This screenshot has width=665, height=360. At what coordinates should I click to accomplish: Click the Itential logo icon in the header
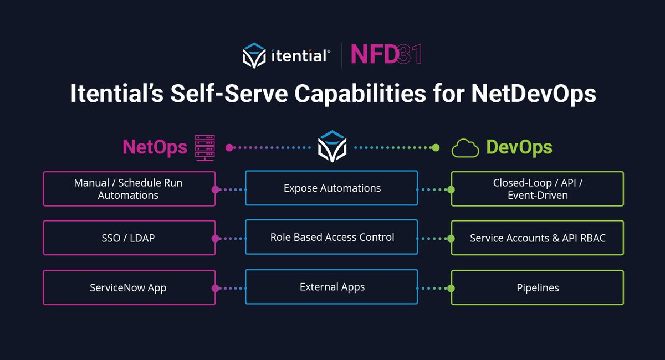(x=255, y=55)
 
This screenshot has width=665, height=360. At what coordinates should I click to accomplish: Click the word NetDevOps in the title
(x=534, y=94)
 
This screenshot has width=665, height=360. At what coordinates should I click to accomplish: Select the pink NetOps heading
(x=155, y=147)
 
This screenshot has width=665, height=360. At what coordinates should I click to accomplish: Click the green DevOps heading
(x=519, y=147)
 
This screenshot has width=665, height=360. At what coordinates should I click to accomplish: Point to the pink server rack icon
(x=205, y=148)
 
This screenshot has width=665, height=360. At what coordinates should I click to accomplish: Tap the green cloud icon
(x=465, y=148)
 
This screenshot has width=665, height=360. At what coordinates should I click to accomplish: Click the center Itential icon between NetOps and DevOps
(x=332, y=147)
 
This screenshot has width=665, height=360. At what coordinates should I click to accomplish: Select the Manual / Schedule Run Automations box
(x=129, y=189)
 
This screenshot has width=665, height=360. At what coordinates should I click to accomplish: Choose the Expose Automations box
(x=331, y=188)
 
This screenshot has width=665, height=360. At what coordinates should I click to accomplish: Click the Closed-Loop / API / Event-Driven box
(x=538, y=189)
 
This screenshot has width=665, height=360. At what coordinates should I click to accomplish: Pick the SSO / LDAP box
(x=129, y=238)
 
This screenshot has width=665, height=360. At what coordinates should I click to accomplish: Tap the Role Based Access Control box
(x=331, y=238)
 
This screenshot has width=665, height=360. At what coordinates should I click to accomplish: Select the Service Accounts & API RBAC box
(x=538, y=238)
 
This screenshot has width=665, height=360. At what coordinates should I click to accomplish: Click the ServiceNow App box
(x=129, y=287)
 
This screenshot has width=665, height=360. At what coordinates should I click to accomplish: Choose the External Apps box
(x=331, y=287)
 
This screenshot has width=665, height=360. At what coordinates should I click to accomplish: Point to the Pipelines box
(x=538, y=287)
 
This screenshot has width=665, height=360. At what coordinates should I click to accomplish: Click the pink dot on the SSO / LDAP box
(x=215, y=239)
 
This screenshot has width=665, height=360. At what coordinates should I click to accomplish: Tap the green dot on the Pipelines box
(x=451, y=288)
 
